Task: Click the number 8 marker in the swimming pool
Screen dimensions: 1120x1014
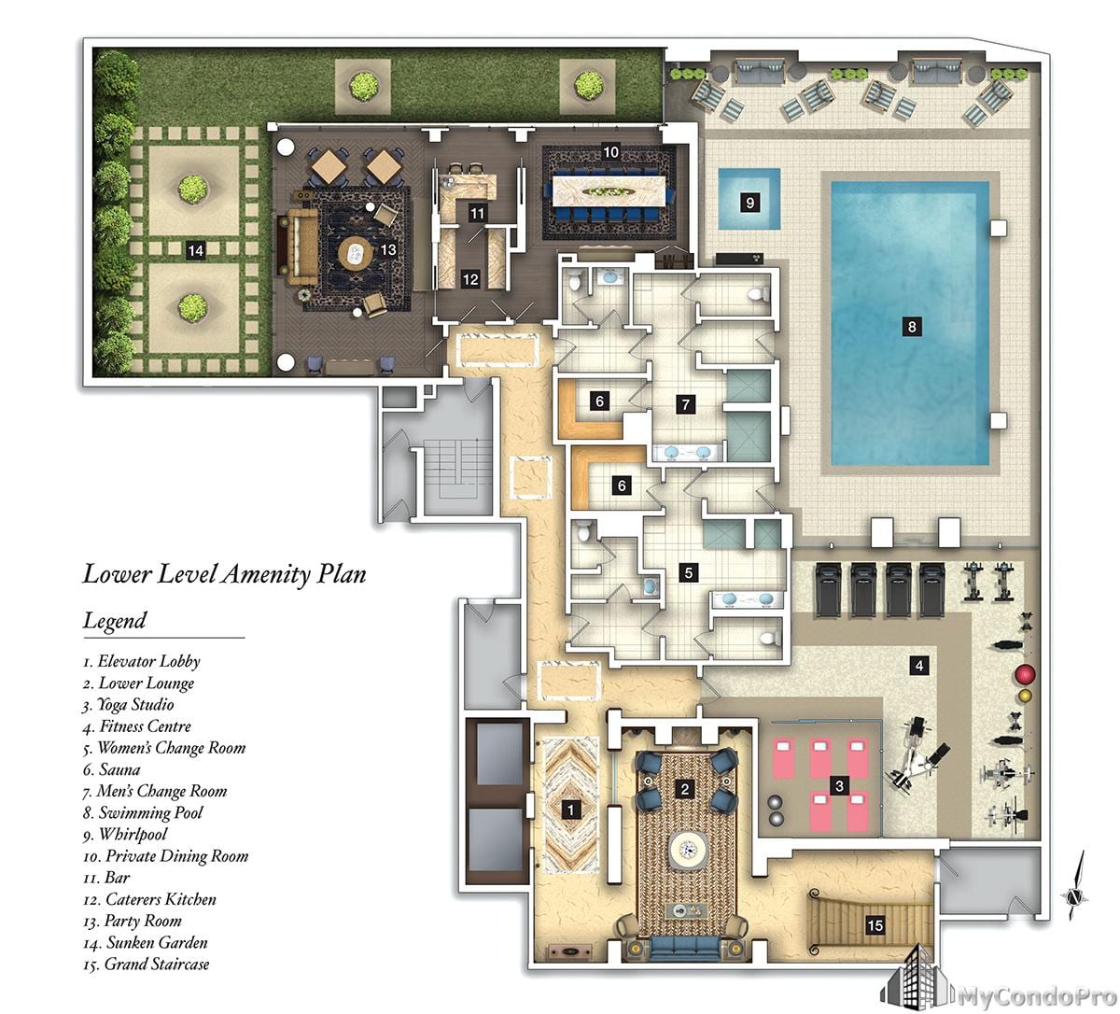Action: point(911,326)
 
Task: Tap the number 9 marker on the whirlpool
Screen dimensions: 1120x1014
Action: point(749,203)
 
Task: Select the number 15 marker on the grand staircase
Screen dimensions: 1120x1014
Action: point(875,926)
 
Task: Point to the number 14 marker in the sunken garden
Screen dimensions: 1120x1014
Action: point(195,250)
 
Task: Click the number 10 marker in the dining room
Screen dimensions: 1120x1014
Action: point(610,152)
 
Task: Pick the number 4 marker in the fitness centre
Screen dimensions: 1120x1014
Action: point(919,666)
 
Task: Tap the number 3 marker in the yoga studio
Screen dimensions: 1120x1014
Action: point(839,786)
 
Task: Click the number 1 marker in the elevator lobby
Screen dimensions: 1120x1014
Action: point(570,810)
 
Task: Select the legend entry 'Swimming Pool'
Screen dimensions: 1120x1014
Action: point(143,813)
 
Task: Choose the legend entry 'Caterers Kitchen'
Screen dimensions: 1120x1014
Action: point(149,900)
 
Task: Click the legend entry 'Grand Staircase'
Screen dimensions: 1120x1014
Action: point(147,965)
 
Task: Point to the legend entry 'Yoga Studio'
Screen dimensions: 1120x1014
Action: point(128,705)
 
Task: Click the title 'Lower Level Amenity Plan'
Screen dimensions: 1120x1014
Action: point(224,575)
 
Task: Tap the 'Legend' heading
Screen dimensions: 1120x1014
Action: point(115,621)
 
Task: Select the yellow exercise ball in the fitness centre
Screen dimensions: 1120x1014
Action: point(1025,697)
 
